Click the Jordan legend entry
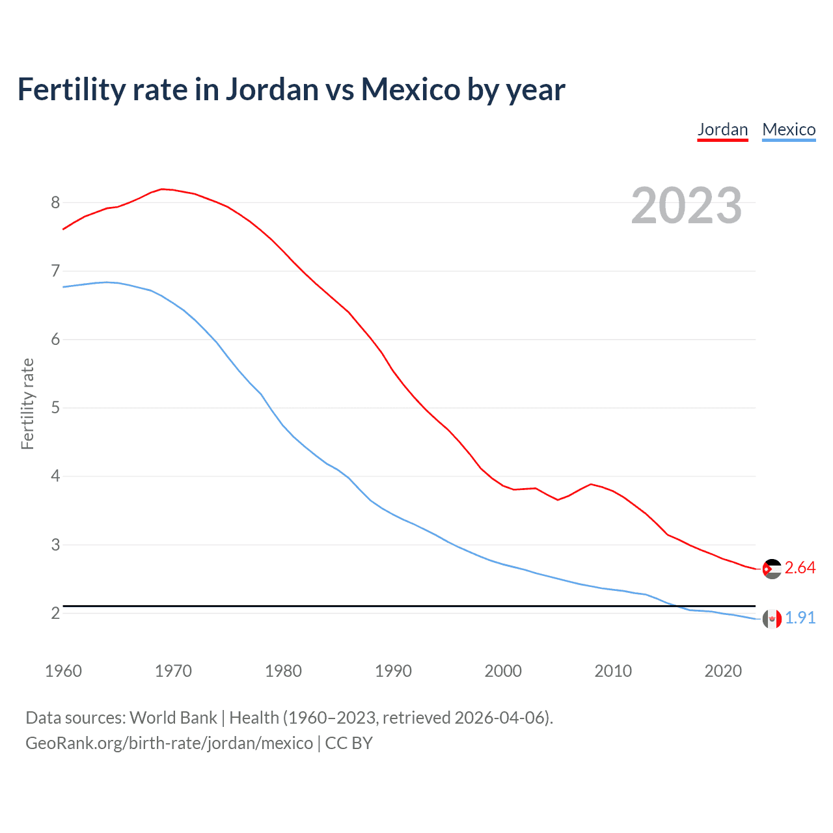tap(722, 130)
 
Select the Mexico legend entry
tap(789, 130)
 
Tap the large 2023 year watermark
tap(686, 206)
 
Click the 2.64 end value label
tap(800, 568)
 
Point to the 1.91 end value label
tap(800, 618)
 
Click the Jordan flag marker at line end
tap(771, 569)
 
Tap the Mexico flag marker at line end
tap(771, 619)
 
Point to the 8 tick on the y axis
tap(55, 203)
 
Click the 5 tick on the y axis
tap(55, 408)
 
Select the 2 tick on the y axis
tap(55, 614)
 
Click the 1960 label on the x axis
tap(63, 671)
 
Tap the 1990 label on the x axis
tap(393, 671)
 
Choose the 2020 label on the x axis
tap(723, 671)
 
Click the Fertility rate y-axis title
tap(27, 403)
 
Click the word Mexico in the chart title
tap(411, 89)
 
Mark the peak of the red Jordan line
tap(162, 189)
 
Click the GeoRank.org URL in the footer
tap(169, 743)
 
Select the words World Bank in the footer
tap(173, 718)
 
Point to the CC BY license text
tap(349, 743)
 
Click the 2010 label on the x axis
tap(613, 671)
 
